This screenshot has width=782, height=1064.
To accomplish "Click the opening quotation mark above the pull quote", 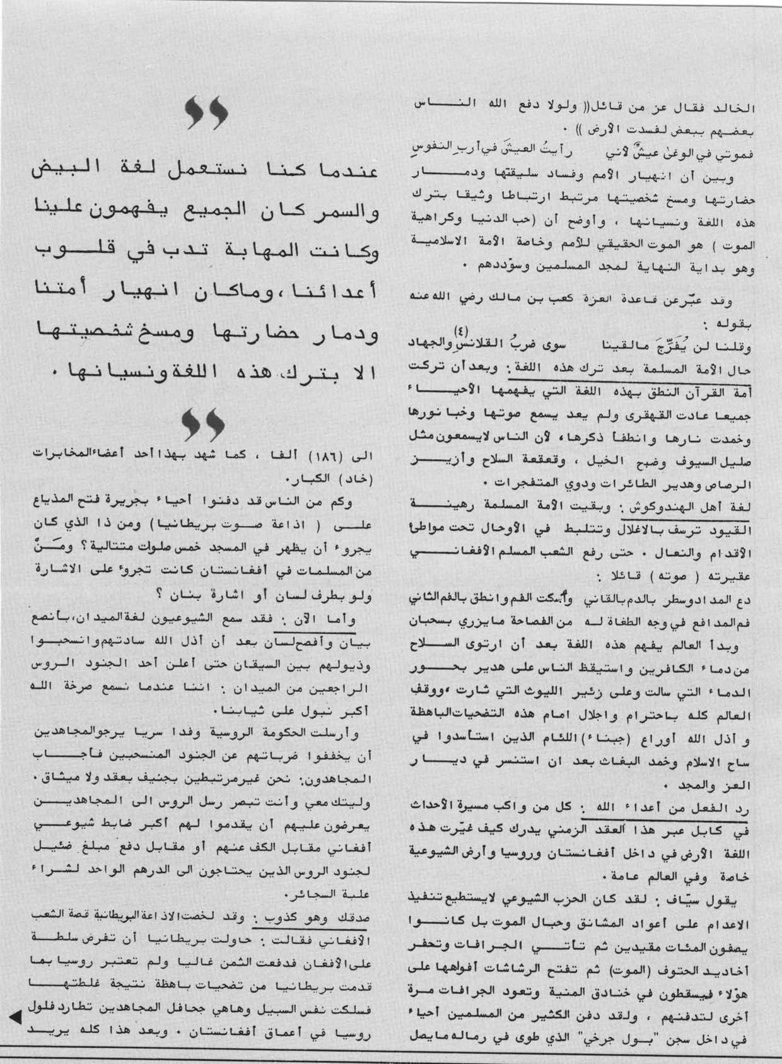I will pyautogui.click(x=207, y=114).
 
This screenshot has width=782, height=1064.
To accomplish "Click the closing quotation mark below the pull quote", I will pyautogui.click(x=204, y=424).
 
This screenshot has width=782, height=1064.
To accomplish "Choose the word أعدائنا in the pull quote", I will pyautogui.click(x=337, y=292).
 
